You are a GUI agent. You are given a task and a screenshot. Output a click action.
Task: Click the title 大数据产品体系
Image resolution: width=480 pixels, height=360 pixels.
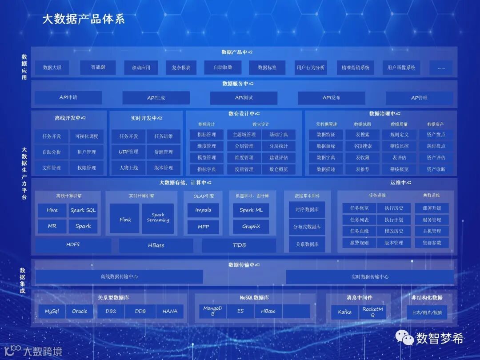point(83,19)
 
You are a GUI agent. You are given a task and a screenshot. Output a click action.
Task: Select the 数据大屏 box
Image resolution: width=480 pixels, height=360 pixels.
point(52,68)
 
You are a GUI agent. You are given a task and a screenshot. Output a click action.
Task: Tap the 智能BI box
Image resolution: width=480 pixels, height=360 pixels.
point(98,68)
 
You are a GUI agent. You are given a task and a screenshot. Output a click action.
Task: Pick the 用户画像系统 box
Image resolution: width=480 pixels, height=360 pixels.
point(401,68)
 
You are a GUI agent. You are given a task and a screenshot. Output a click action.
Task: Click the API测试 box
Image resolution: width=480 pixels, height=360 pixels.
point(244,98)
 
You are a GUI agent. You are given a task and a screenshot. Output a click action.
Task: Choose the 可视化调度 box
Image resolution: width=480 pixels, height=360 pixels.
point(87,136)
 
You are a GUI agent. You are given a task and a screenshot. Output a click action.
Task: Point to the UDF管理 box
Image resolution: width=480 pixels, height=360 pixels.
point(128,152)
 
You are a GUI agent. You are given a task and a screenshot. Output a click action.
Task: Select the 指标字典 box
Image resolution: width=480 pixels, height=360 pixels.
point(206,169)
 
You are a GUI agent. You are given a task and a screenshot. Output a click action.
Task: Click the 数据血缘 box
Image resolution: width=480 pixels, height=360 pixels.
point(326,146)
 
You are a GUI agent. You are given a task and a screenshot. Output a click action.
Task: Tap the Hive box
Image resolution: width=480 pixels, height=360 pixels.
point(52,210)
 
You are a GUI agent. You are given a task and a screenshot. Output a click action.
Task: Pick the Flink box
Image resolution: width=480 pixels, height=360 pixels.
point(125,219)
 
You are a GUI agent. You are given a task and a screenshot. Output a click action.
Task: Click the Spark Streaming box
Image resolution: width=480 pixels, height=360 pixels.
point(158,218)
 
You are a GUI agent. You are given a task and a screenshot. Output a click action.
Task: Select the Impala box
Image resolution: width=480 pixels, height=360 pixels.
point(203,210)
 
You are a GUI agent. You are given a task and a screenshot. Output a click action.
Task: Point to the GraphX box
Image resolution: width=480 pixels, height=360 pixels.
point(251,227)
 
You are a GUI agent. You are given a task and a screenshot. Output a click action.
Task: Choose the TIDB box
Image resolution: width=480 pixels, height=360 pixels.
point(239,245)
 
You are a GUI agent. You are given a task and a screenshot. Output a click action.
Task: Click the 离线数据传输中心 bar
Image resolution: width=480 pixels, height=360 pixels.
point(119,276)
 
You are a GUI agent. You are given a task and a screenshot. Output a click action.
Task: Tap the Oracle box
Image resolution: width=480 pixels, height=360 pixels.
point(80,311)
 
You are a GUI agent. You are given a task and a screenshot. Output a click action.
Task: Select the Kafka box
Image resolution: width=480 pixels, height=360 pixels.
point(344,312)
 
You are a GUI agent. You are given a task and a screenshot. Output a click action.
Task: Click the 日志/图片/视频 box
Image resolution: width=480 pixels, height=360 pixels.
point(427,312)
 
